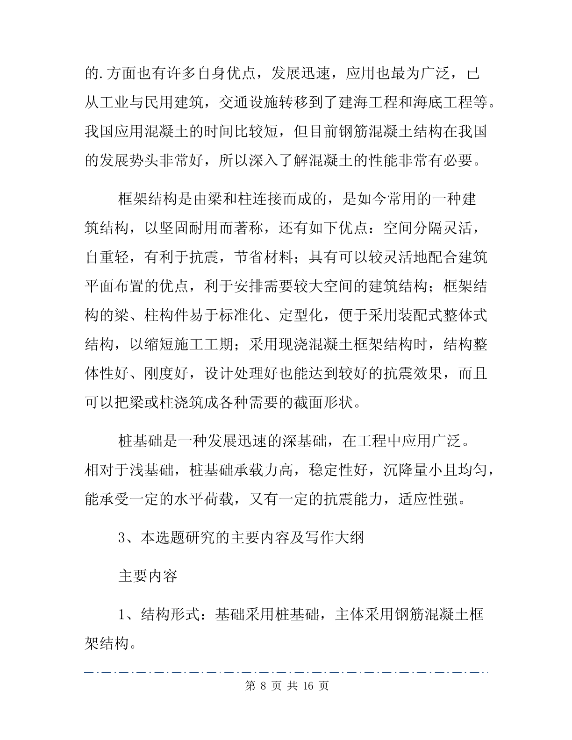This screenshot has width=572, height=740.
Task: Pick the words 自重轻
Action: [x=107, y=257]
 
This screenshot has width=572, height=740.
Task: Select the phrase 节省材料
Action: [x=263, y=257]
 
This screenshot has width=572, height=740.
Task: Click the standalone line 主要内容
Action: [x=148, y=576]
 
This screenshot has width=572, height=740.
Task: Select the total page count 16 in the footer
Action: [x=308, y=686]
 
